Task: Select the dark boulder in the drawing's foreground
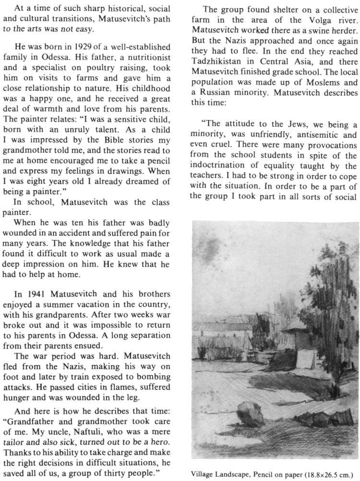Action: coord(250,416)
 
